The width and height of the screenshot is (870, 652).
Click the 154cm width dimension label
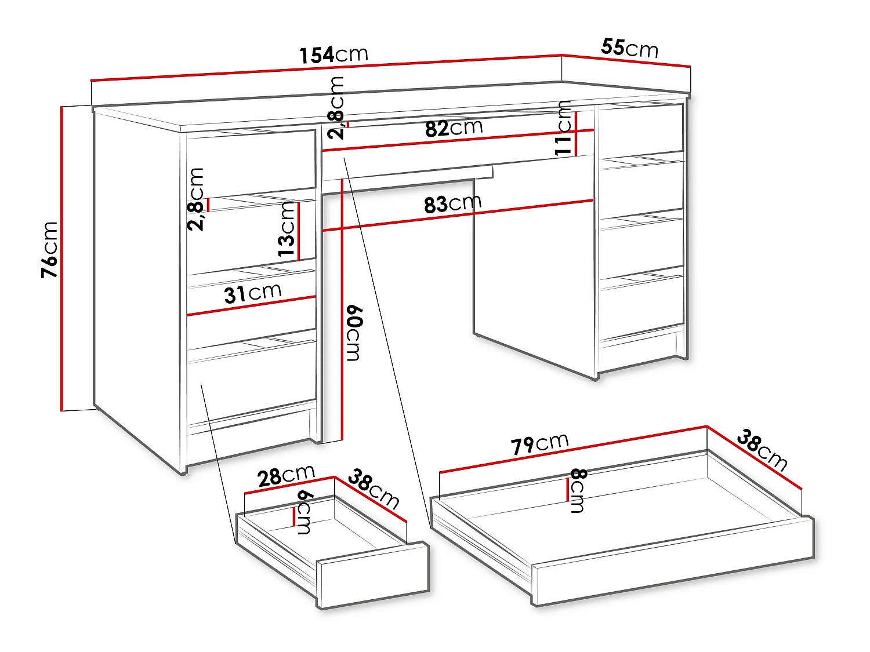coord(333,54)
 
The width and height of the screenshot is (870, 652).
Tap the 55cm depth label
coord(629,48)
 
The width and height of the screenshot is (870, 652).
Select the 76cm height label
coord(50,250)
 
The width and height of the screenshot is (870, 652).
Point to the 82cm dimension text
coord(454,128)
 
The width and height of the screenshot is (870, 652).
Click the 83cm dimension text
coord(452,204)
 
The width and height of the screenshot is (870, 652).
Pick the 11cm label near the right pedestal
coord(563,128)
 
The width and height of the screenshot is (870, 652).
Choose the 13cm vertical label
coord(287,229)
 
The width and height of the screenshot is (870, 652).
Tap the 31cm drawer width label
coord(253,293)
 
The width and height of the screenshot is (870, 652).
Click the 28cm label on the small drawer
coord(286,476)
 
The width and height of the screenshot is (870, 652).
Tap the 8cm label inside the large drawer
coord(578,491)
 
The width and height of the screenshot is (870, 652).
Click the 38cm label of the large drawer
coord(762,451)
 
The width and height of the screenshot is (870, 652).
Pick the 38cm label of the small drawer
coord(373,489)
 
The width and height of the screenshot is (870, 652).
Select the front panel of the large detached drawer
coord(673,564)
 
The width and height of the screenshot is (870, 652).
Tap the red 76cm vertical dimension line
coord(62,258)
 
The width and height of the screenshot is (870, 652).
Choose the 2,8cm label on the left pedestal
coord(195,199)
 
